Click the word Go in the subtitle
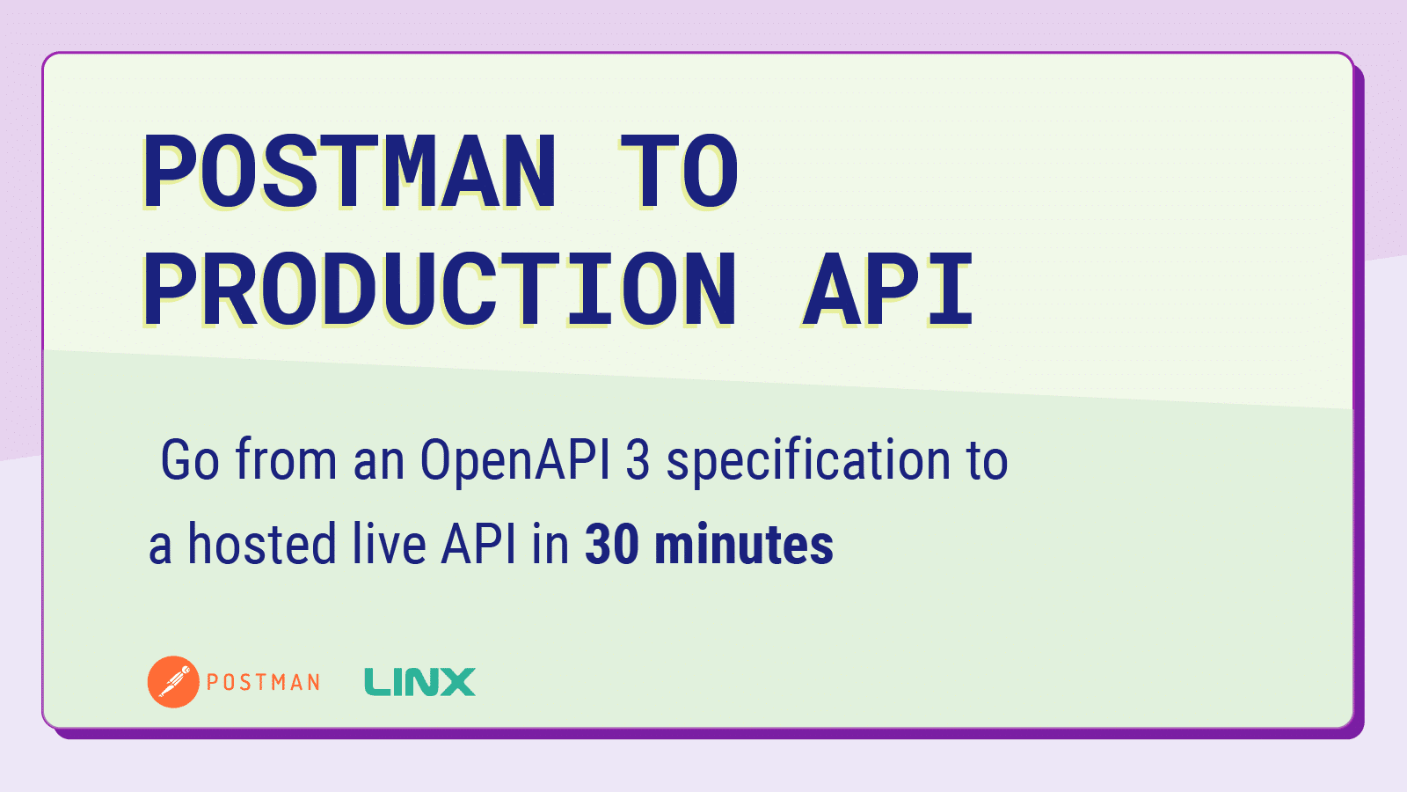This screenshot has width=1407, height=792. (x=189, y=460)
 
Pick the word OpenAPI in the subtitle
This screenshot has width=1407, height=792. (x=514, y=460)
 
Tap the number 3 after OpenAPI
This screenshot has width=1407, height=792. (x=638, y=460)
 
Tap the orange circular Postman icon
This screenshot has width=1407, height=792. (x=173, y=682)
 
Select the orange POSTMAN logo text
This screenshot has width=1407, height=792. (x=263, y=682)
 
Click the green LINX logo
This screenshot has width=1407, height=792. (x=419, y=682)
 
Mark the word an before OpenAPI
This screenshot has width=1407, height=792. (x=377, y=460)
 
